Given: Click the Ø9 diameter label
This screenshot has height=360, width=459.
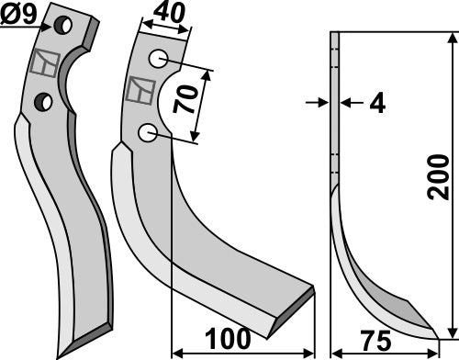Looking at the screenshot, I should tap(19, 13).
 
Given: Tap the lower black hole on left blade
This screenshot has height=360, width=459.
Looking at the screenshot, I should tap(41, 98).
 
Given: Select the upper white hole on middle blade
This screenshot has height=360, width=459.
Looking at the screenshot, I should tap(160, 60).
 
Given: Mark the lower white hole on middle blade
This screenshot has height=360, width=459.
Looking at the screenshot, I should tap(146, 134).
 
